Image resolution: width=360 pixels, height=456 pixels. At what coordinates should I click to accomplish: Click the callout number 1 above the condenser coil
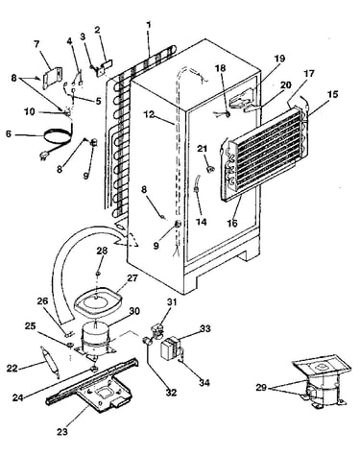(149, 25)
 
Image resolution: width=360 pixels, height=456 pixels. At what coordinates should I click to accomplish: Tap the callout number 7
(37, 44)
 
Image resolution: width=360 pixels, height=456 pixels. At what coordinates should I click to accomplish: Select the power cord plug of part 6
(43, 156)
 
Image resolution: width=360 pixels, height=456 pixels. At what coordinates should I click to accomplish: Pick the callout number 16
(233, 223)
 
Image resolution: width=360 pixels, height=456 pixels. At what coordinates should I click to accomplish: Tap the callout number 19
(279, 59)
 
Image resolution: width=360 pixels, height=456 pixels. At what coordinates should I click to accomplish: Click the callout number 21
(202, 149)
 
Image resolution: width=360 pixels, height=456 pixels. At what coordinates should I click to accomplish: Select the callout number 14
(202, 222)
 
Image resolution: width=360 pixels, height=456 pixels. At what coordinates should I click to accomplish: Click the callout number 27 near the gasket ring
(132, 277)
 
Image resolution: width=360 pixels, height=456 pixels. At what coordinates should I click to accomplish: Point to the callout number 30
(134, 311)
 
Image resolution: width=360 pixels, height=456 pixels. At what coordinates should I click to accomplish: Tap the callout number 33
(205, 328)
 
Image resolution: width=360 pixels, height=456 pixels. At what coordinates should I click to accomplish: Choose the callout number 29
(261, 388)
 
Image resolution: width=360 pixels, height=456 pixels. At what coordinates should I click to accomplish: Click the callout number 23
(62, 432)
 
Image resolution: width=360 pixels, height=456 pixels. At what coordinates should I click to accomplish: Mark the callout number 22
(12, 369)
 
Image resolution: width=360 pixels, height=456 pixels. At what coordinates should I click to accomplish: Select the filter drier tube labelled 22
(49, 362)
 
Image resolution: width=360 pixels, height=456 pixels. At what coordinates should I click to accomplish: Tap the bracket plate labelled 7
(52, 77)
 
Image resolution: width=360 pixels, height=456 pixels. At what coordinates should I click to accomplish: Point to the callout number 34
(204, 382)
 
